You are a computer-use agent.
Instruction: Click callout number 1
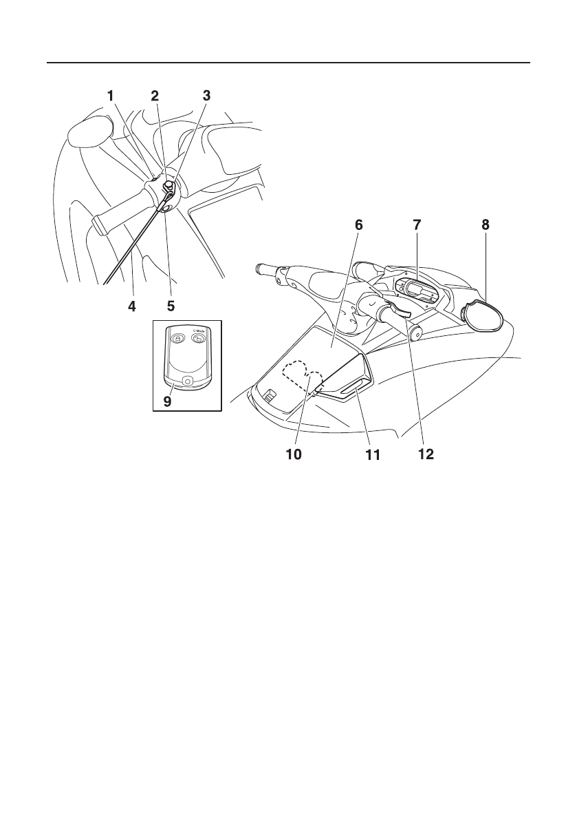(110, 97)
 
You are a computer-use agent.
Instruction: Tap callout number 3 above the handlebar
(206, 97)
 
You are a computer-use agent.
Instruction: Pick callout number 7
(417, 225)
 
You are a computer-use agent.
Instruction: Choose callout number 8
(486, 225)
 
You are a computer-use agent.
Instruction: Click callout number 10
(293, 455)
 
